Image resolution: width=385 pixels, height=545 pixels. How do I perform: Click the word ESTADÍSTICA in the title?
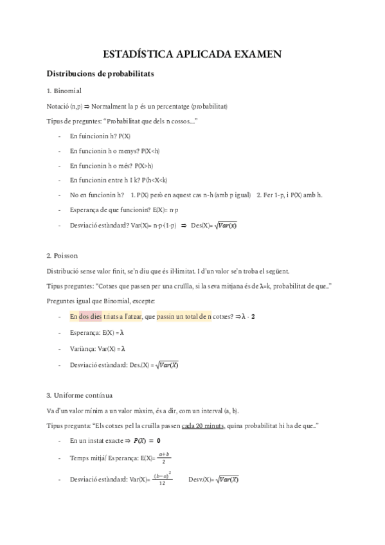coord(132,55)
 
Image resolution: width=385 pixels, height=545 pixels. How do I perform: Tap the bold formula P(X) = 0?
coord(147,441)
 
